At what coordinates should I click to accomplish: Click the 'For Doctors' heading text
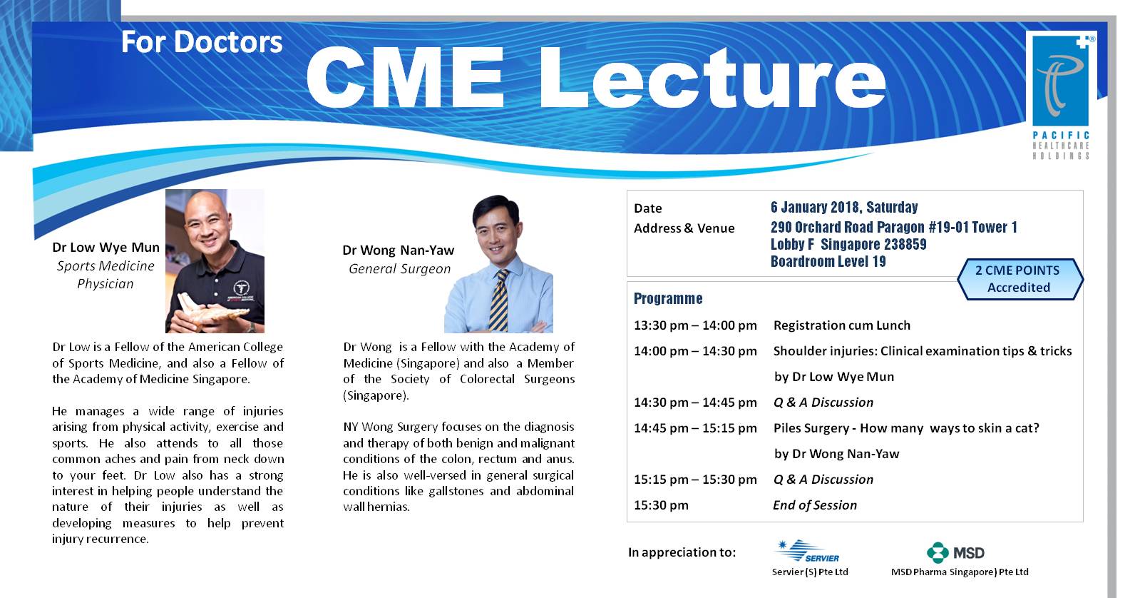(202, 42)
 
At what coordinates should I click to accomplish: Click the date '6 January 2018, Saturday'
(843, 208)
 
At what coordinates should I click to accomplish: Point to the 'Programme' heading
(668, 298)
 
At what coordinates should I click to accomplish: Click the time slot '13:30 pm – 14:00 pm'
(695, 325)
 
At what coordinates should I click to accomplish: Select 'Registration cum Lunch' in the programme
(841, 325)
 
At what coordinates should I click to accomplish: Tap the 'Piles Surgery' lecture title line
(905, 428)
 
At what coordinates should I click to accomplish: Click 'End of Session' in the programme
(815, 505)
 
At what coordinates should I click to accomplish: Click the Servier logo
(807, 552)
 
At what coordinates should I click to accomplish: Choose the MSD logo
(955, 552)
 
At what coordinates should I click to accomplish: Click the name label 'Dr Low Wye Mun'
(106, 248)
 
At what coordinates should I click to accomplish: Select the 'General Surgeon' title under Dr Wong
(399, 269)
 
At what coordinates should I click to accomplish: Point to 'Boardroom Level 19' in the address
(828, 261)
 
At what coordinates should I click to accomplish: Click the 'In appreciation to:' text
(682, 552)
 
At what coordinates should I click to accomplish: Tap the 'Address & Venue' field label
(684, 228)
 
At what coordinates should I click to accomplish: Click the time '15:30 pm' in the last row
(661, 505)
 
